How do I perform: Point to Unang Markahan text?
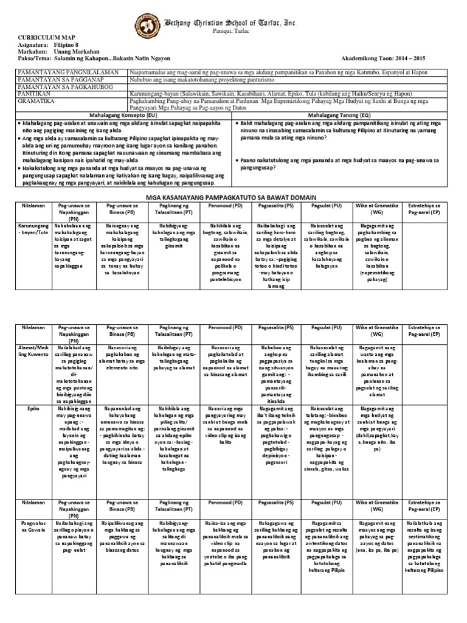[x=75, y=52]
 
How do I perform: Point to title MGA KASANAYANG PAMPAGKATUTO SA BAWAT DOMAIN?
[x=233, y=198]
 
